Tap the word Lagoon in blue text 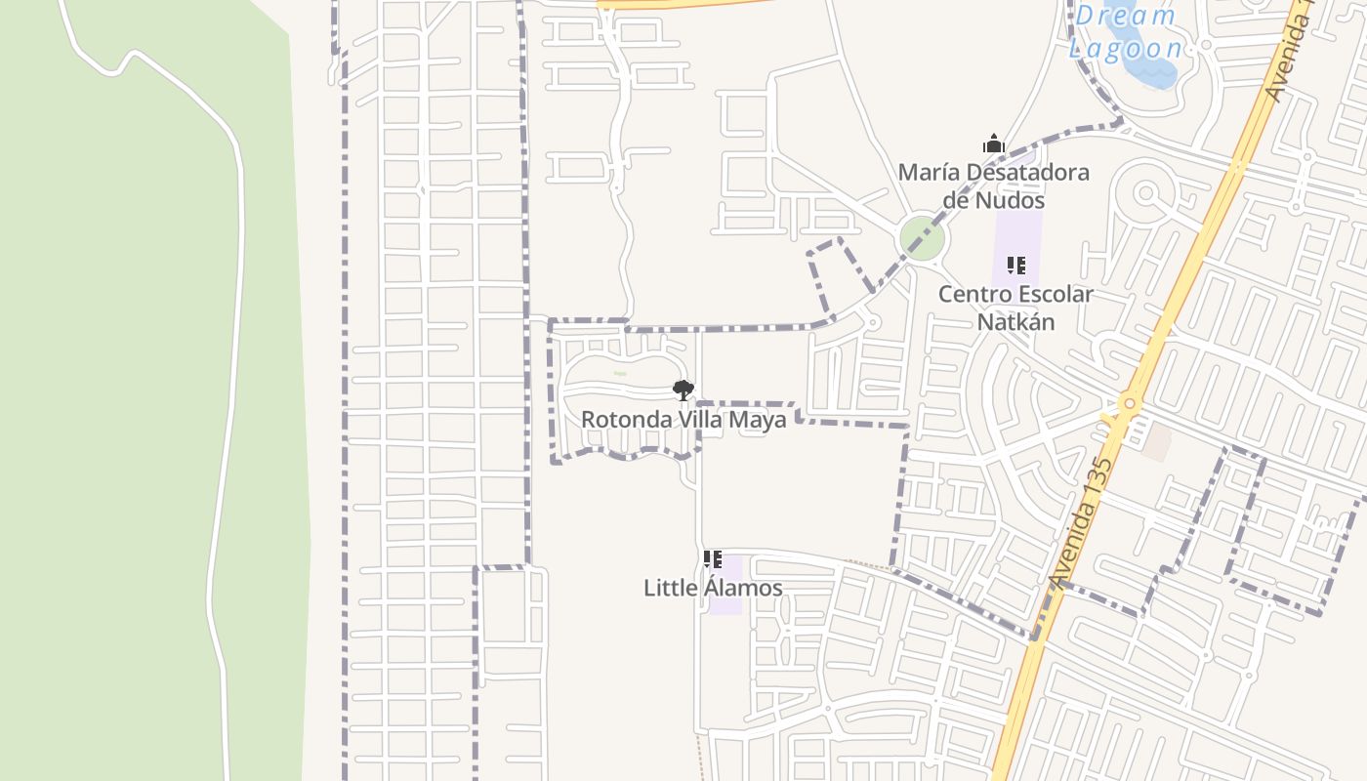(1125, 49)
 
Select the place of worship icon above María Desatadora (994, 144)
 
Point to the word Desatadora (1028, 173)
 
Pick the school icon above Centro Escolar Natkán (1016, 266)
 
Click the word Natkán (1015, 321)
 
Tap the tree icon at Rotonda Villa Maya (683, 390)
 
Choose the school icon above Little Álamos (713, 559)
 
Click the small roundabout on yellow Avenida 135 (1130, 402)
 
